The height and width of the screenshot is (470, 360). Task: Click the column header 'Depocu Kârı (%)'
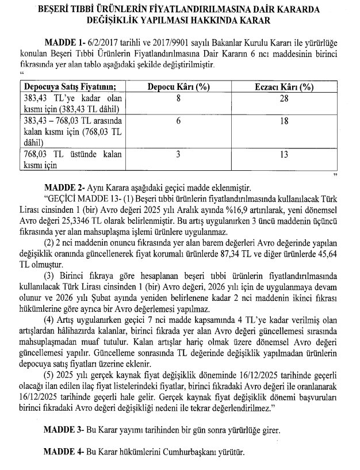[178, 87]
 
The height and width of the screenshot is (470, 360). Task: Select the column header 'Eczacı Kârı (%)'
[284, 87]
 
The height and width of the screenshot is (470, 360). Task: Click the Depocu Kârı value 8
[178, 99]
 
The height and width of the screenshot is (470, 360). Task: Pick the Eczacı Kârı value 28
[284, 99]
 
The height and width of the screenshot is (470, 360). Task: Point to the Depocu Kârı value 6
[178, 121]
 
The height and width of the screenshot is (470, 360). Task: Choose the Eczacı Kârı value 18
[284, 121]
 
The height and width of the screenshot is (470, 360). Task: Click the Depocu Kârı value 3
[178, 154]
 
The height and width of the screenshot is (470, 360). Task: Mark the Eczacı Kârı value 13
[284, 154]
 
